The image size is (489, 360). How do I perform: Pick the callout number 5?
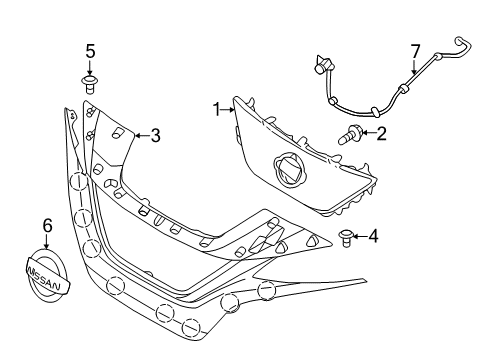pos(89,51)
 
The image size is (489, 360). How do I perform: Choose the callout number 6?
pos(45,227)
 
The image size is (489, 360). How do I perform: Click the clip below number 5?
pos(89,83)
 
